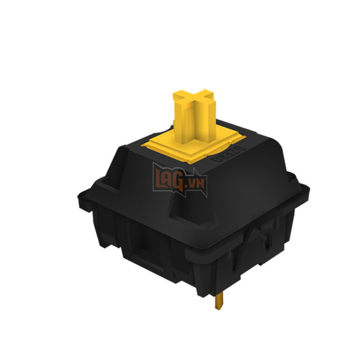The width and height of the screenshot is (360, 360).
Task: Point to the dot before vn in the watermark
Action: pyautogui.click(x=194, y=186)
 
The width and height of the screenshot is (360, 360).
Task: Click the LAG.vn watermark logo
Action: pyautogui.click(x=181, y=181)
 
